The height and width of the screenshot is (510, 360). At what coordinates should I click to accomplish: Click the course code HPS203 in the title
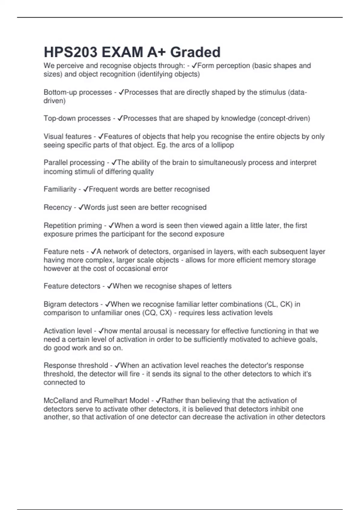[70, 52]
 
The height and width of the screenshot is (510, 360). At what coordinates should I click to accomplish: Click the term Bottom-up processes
[78, 92]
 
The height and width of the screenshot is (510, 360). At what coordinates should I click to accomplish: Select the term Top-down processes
[77, 118]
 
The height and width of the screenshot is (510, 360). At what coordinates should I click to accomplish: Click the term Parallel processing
[74, 163]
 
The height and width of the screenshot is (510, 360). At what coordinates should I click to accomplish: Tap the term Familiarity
[60, 189]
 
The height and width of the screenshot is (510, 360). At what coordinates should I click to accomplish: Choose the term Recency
[58, 207]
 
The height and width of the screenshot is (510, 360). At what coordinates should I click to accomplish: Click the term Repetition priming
[73, 225]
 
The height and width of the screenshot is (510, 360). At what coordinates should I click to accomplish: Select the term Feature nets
[64, 251]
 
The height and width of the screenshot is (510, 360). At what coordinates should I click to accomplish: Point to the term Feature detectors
[72, 286]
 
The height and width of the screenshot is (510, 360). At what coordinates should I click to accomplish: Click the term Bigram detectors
[71, 304]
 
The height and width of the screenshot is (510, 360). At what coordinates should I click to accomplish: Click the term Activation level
[68, 331]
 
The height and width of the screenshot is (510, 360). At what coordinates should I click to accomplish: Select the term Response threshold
[76, 365]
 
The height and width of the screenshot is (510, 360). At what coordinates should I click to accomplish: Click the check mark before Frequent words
[85, 189]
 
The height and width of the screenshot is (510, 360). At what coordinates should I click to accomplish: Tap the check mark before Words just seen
[81, 207]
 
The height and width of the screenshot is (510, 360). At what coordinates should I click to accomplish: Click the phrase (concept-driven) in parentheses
[283, 118]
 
